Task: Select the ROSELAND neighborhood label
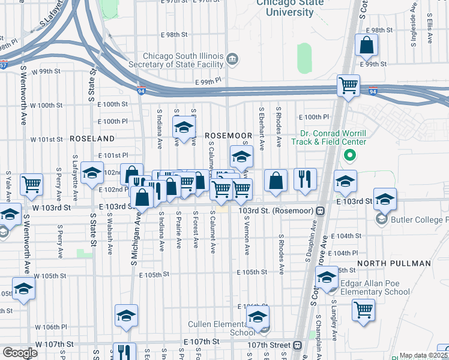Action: [92, 138]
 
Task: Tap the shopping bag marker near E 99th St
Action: [366, 46]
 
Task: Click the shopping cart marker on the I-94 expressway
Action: [348, 86]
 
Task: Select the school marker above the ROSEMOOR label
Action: [184, 127]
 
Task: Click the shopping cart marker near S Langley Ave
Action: [363, 310]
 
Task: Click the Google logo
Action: [20, 353]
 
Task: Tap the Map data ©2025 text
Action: [424, 356]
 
